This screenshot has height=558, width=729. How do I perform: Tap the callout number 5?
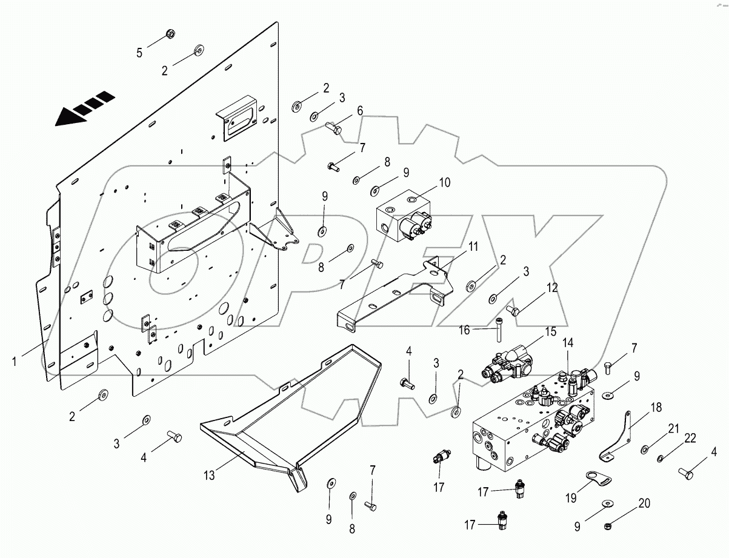click(x=139, y=53)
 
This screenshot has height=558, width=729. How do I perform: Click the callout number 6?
click(x=359, y=110)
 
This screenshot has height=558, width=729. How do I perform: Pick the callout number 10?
click(x=445, y=181)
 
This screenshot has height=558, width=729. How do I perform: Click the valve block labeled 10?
click(x=403, y=217)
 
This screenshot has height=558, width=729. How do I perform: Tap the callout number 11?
click(x=473, y=247)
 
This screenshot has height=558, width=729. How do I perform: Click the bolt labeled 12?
click(x=513, y=311)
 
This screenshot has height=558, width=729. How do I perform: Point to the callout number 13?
click(x=209, y=476)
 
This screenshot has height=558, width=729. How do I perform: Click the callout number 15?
click(x=550, y=331)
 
